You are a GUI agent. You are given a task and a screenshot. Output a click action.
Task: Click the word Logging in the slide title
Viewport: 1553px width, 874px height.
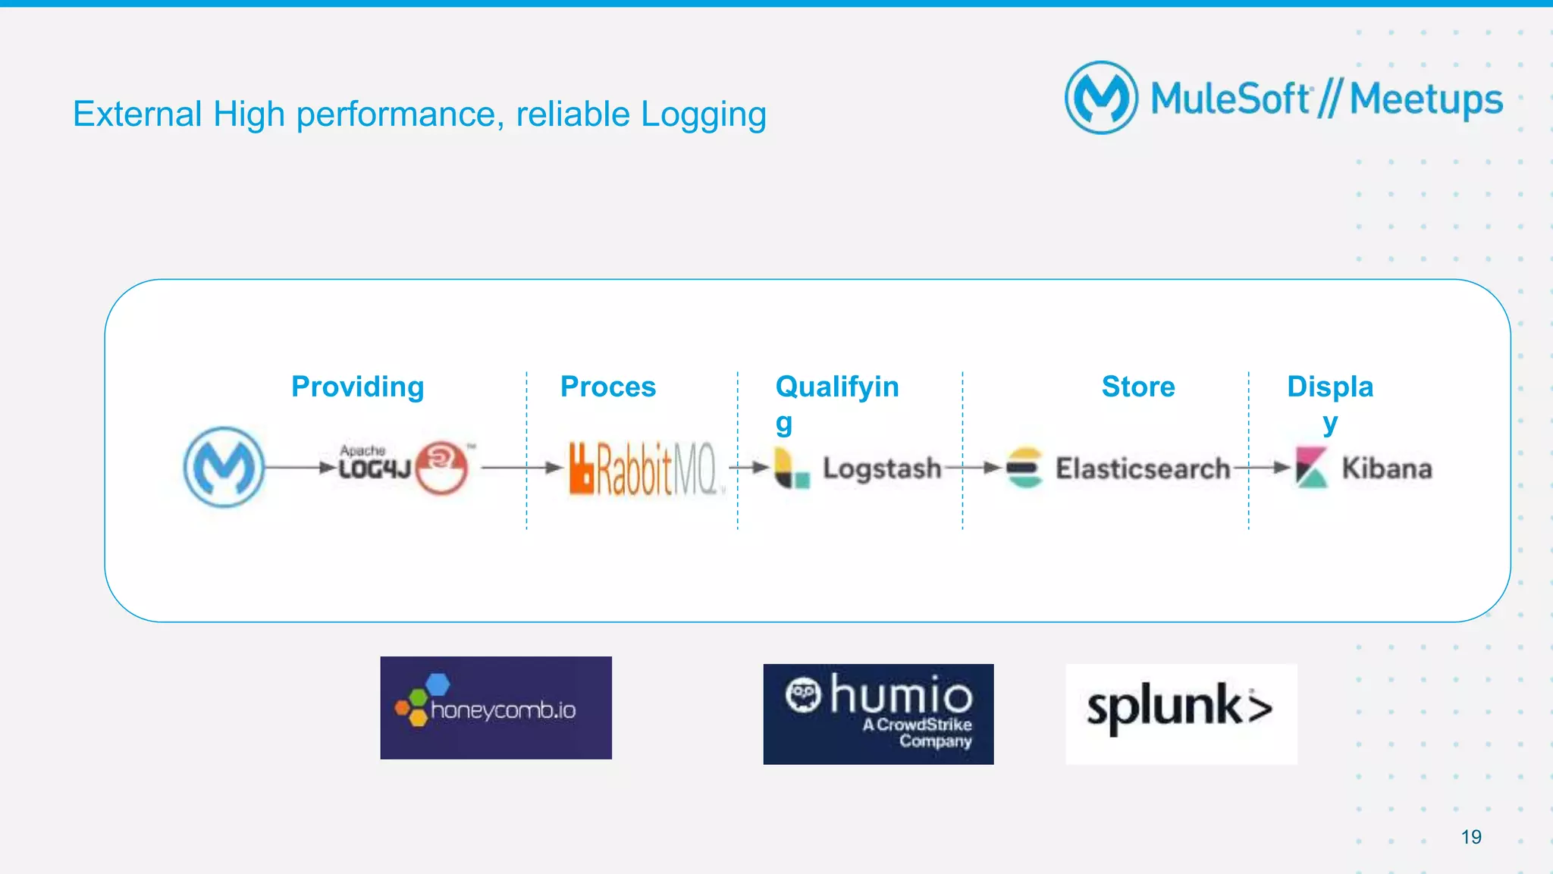pos(703,115)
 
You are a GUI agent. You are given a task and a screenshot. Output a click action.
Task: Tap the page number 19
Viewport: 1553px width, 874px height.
pos(1470,837)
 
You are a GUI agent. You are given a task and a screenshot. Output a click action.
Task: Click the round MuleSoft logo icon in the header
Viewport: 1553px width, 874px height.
pos(1101,98)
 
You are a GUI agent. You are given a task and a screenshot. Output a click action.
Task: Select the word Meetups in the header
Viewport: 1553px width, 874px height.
pos(1426,100)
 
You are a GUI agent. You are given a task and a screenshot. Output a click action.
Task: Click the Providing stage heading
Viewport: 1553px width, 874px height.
pos(357,387)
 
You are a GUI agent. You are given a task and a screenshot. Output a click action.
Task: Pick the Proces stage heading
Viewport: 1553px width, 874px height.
pos(607,387)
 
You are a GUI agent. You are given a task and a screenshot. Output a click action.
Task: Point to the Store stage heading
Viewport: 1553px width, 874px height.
pos(1137,387)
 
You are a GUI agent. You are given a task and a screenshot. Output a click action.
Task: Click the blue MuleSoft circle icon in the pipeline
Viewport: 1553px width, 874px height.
pos(224,467)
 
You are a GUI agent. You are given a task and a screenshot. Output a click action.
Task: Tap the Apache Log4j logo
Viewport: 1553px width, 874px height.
pos(403,467)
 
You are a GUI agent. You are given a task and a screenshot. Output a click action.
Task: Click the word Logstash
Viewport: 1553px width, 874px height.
pos(881,468)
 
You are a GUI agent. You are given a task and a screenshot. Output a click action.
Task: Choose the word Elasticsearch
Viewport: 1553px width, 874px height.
pos(1142,468)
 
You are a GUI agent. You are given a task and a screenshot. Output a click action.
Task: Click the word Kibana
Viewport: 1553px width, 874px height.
pos(1386,468)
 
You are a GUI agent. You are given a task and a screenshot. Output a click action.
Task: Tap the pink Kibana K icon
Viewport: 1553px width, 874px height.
pos(1311,467)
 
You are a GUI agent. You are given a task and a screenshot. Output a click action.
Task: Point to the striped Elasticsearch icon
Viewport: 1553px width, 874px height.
pos(1024,468)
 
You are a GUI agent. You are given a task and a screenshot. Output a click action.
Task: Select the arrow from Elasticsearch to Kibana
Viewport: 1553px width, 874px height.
pos(1262,468)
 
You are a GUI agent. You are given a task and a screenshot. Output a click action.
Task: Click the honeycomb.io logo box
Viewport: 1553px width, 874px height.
pos(496,708)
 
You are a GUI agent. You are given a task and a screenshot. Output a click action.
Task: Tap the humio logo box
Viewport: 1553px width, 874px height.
pos(878,714)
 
